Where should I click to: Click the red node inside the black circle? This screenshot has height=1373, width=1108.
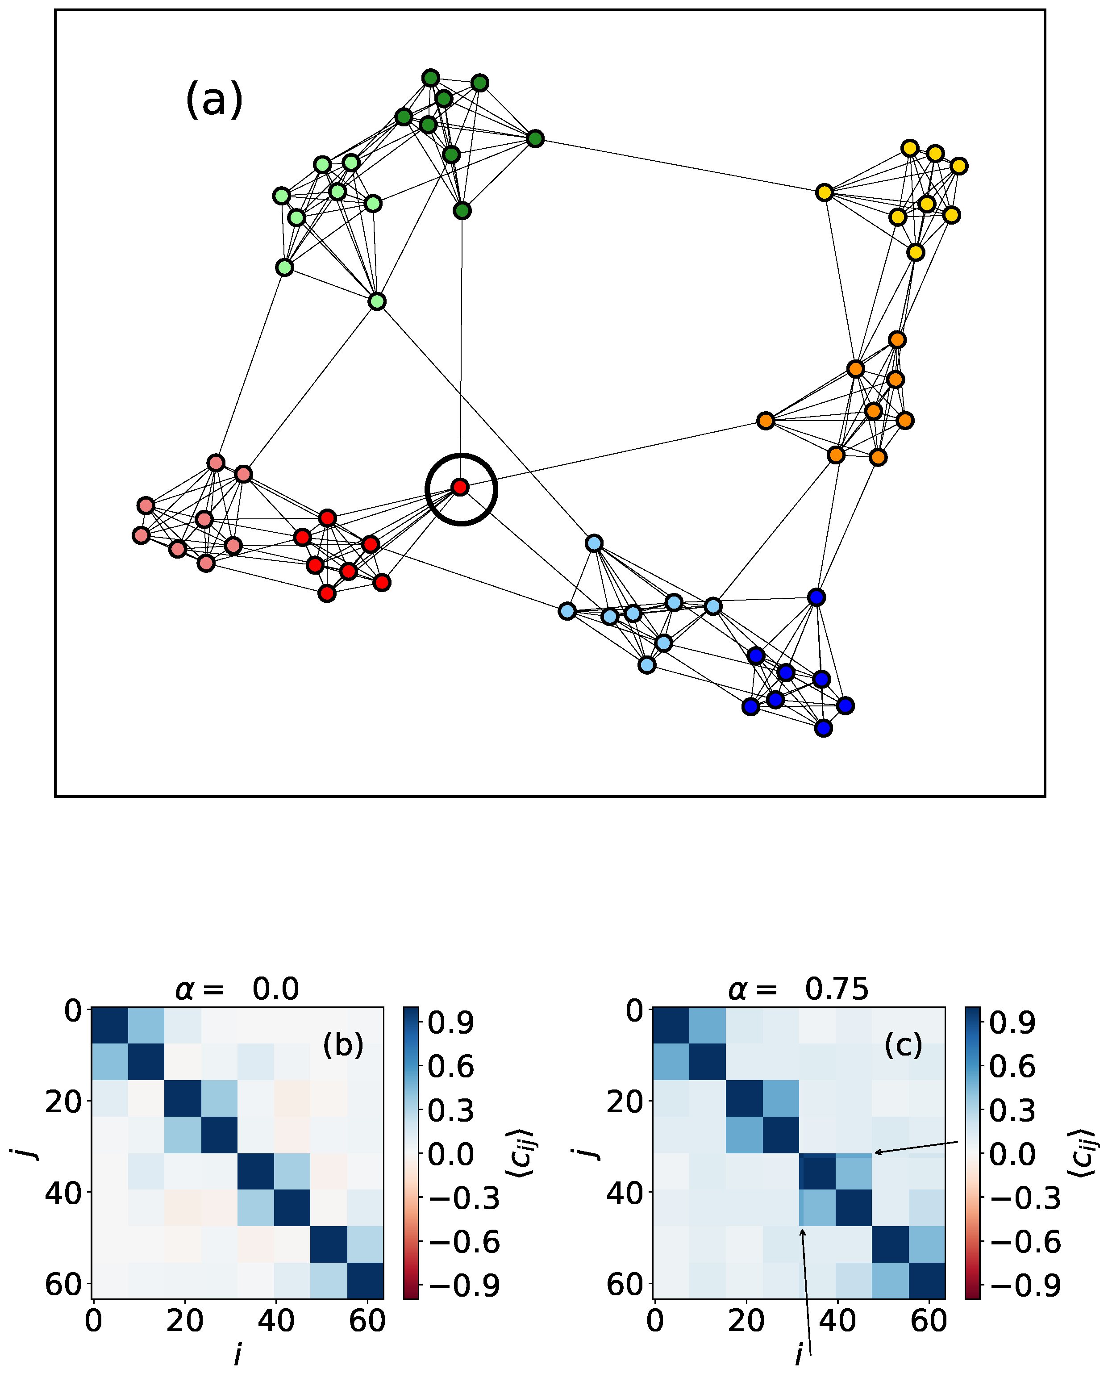pyautogui.click(x=460, y=488)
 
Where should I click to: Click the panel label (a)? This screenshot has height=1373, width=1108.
pyautogui.click(x=214, y=100)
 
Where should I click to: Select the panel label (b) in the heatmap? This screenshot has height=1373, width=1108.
pyautogui.click(x=343, y=1045)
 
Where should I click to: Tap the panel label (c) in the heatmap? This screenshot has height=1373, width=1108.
pyautogui.click(x=903, y=1045)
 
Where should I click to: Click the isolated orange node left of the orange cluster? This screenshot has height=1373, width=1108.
pyautogui.click(x=766, y=421)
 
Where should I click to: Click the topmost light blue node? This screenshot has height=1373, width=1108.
pyautogui.click(x=594, y=544)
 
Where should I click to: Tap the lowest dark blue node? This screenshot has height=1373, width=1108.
pyautogui.click(x=823, y=728)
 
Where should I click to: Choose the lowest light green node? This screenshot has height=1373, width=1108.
pyautogui.click(x=377, y=302)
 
